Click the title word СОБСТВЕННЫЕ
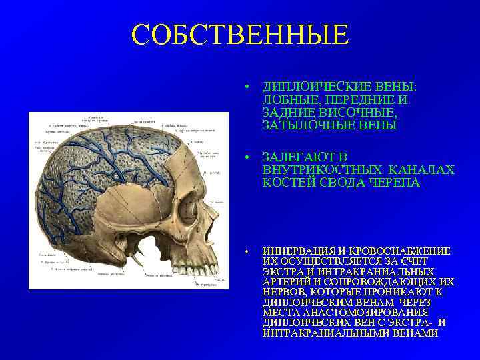point(240,35)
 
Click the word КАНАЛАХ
point(424,170)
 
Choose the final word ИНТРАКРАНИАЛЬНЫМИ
point(325,333)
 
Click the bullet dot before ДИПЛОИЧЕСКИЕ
point(247,88)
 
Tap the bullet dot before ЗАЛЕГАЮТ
point(247,158)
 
